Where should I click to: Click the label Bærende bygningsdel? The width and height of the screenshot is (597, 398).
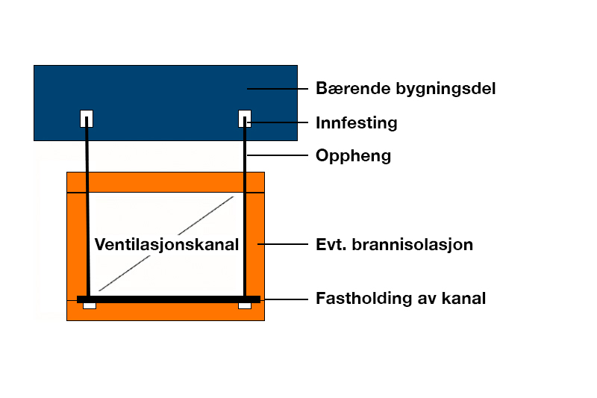click(x=405, y=89)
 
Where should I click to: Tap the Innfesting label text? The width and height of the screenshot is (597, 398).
click(x=356, y=122)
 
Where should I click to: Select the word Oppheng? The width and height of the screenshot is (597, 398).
click(x=353, y=156)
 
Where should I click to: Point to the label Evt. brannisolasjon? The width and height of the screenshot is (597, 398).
click(x=394, y=244)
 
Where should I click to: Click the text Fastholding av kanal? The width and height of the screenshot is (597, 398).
click(x=400, y=299)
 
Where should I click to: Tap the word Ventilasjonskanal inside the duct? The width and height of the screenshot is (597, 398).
click(x=166, y=245)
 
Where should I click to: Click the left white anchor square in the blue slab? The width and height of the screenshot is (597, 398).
click(x=87, y=118)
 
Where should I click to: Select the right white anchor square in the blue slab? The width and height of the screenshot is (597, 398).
click(x=245, y=118)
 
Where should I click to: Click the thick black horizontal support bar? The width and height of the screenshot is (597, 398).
click(x=169, y=299)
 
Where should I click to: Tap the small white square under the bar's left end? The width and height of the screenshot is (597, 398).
click(x=90, y=305)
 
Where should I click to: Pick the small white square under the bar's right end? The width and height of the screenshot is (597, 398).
click(x=245, y=305)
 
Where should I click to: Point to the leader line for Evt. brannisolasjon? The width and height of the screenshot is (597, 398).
click(x=283, y=244)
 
